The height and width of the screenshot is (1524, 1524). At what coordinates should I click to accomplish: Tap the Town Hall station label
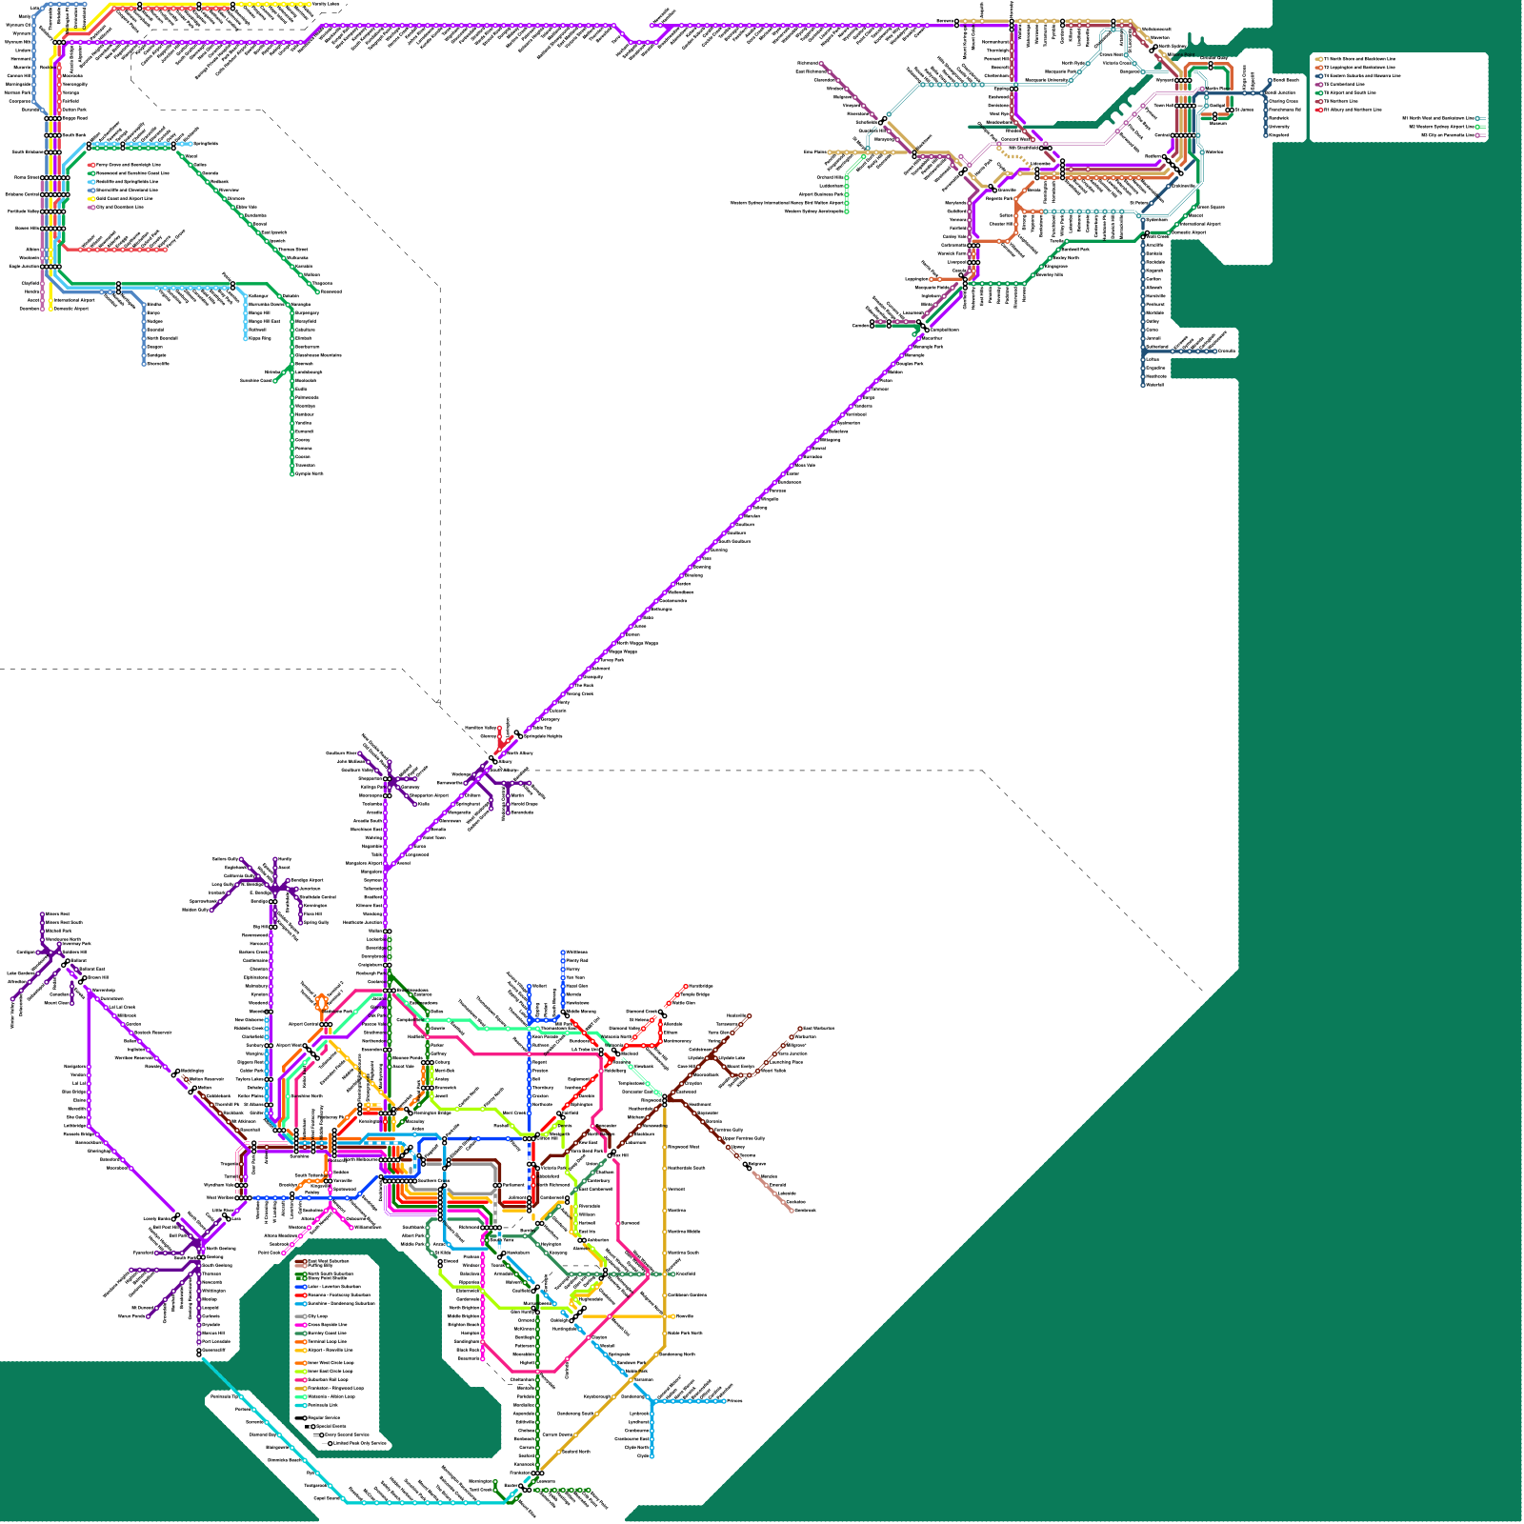[1163, 105]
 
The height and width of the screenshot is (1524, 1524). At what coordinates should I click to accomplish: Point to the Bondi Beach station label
[1287, 80]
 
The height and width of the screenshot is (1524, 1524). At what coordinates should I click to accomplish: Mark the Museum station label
[1218, 123]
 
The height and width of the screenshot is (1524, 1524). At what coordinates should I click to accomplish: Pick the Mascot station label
[1195, 215]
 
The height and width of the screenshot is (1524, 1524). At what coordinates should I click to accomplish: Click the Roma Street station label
[27, 177]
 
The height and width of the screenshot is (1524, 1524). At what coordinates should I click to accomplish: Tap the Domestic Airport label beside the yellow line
[71, 309]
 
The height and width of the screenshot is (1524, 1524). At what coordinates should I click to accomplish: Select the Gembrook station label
[805, 1210]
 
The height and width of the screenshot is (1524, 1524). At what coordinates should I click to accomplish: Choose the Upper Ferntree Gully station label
[744, 1138]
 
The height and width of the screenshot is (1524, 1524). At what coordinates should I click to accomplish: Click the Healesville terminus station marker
[750, 1016]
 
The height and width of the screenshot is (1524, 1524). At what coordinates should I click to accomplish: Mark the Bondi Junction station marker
[1261, 93]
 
